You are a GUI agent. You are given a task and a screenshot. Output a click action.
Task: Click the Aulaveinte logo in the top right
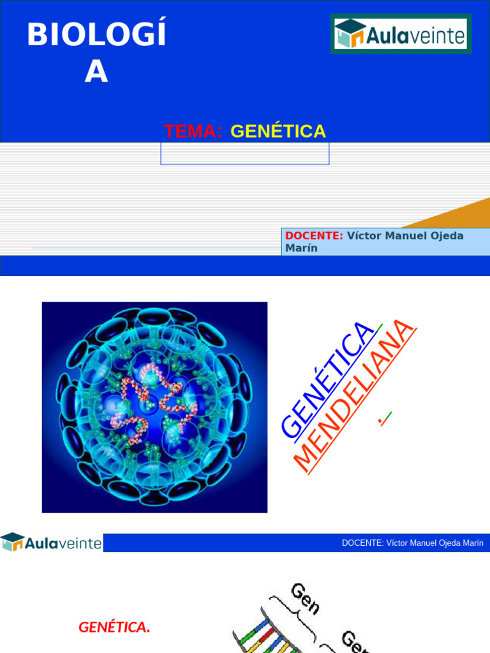tap(401, 33)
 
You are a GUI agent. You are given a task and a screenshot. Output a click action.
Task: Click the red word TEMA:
tap(193, 131)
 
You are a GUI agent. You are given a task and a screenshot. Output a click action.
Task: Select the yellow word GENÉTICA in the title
tap(278, 131)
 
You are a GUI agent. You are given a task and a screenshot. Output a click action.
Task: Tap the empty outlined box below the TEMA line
tap(245, 154)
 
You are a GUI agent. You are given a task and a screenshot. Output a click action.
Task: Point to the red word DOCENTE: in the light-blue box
tap(314, 236)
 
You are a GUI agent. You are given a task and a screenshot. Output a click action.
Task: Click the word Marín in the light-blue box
tap(301, 248)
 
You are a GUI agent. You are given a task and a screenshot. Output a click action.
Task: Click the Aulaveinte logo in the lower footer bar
tap(51, 543)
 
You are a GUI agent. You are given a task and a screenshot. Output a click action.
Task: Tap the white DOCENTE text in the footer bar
tap(412, 543)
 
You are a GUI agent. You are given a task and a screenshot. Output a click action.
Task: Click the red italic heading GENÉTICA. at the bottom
tap(114, 627)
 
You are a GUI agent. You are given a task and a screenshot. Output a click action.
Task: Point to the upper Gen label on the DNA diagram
tap(305, 598)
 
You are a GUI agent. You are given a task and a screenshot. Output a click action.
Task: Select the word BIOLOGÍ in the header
tap(96, 35)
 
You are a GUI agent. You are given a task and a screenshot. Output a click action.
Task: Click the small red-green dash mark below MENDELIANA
tap(385, 419)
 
